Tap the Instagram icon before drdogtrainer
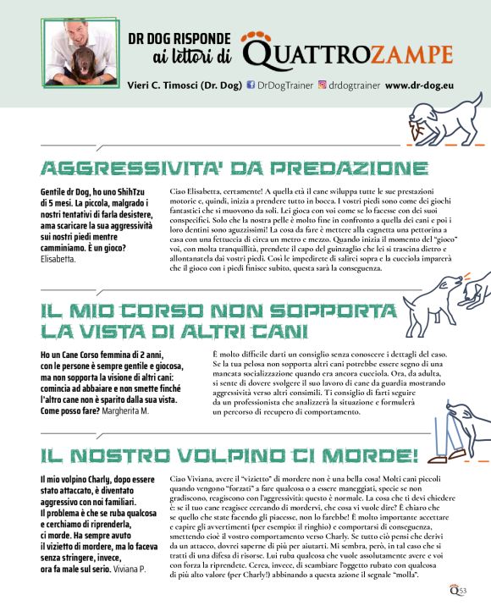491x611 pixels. [x=322, y=85]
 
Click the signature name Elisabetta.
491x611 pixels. [x=58, y=258]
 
